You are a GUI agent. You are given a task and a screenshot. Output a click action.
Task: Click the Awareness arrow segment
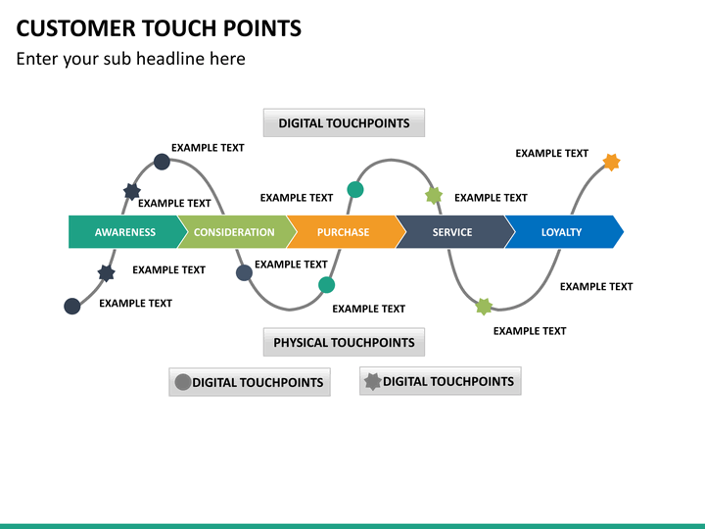click(x=125, y=231)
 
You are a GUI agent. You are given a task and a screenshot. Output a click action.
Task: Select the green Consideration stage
click(x=234, y=231)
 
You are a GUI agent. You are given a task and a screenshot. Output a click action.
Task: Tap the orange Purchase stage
click(x=343, y=231)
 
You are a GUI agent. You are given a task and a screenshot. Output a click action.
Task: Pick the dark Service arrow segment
click(x=452, y=231)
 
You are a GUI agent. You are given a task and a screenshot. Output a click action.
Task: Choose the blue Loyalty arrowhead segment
click(x=562, y=231)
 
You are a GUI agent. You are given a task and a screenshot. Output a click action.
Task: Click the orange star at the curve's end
click(x=611, y=162)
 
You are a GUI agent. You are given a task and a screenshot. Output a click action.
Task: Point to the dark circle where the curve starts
click(x=71, y=306)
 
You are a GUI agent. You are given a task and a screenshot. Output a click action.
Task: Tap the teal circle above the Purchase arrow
click(x=355, y=190)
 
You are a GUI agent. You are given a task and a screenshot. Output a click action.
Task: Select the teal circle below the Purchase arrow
click(x=326, y=285)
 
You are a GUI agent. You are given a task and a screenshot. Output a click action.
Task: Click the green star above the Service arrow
click(x=434, y=196)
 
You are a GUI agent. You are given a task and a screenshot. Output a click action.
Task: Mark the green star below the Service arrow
click(x=484, y=307)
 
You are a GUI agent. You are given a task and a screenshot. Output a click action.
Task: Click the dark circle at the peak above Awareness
click(x=162, y=162)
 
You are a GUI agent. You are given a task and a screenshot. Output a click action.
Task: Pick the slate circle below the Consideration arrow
click(x=244, y=272)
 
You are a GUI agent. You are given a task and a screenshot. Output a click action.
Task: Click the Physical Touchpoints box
click(x=344, y=342)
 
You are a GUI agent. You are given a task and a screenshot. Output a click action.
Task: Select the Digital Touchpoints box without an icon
click(x=344, y=122)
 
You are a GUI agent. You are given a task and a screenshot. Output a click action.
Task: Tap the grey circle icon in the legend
click(x=183, y=382)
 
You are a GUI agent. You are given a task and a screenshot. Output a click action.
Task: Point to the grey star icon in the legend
click(x=373, y=382)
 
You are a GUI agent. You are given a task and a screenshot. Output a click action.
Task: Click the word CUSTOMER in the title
click(x=76, y=28)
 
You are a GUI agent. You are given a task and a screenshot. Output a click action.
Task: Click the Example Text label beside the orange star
click(x=551, y=154)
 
